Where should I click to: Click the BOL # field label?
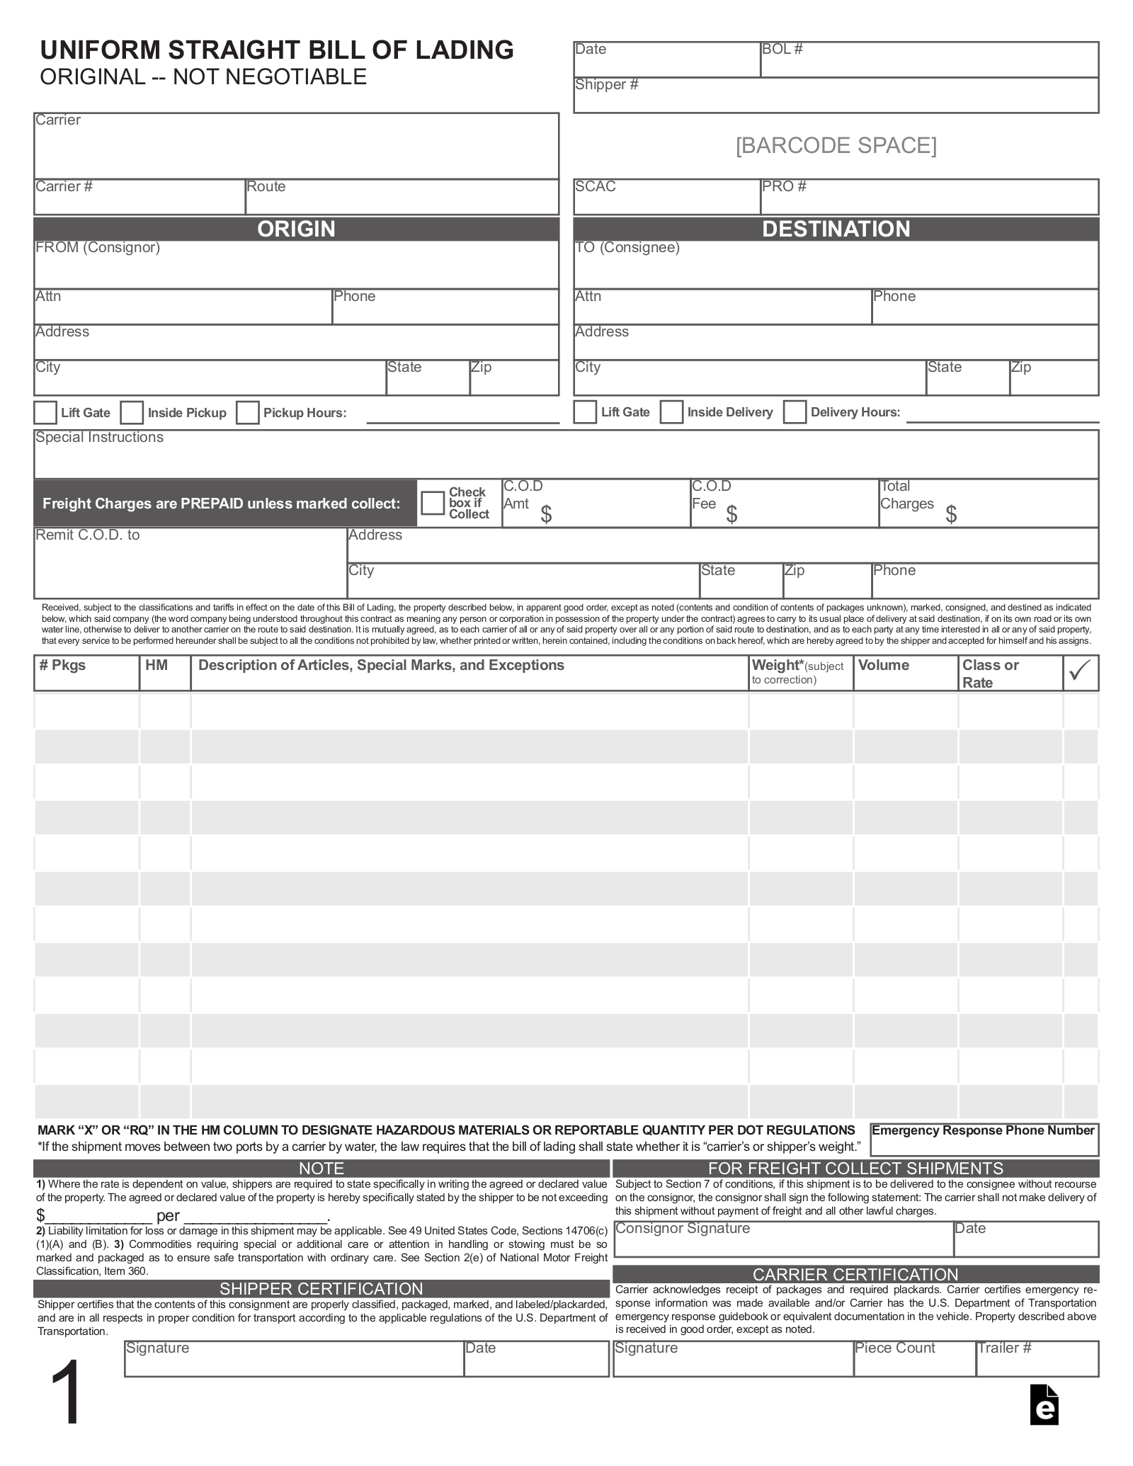click(x=782, y=50)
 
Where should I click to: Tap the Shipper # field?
click(x=836, y=96)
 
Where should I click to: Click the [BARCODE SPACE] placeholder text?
click(x=836, y=146)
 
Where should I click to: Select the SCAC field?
click(x=666, y=198)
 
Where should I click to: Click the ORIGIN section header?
click(x=296, y=229)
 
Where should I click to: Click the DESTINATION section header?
click(x=836, y=229)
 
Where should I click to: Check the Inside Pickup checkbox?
click(x=132, y=413)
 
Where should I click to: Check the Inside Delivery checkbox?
click(x=671, y=412)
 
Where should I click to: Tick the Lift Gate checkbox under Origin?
click(x=46, y=413)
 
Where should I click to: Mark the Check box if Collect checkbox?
click(x=432, y=504)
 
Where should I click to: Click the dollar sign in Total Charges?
click(x=951, y=515)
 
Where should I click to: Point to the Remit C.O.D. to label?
click(x=88, y=535)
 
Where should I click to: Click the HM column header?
click(x=156, y=666)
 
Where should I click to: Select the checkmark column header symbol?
click(x=1080, y=671)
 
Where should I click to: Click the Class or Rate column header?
click(x=991, y=674)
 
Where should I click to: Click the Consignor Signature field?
click(x=782, y=1239)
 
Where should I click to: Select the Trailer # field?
click(x=1037, y=1358)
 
